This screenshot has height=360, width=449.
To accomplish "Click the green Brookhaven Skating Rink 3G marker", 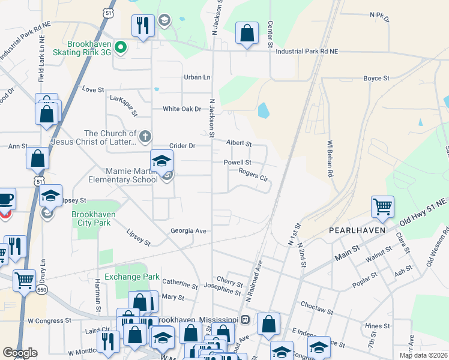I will [x=120, y=47].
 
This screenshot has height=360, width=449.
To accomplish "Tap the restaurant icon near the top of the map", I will [x=143, y=25].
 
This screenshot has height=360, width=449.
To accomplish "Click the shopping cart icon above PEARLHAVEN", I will [x=382, y=207].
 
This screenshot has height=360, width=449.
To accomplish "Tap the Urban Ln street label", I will [x=197, y=77].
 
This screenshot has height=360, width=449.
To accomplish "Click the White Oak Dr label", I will [x=181, y=109].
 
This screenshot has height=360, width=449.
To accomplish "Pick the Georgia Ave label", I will [x=188, y=231].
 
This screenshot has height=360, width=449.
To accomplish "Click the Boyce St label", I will [x=376, y=79].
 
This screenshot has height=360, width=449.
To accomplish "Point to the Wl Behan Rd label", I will [x=330, y=159].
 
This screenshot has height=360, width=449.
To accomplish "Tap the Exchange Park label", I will [x=132, y=277].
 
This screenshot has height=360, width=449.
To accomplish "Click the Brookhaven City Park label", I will [x=91, y=218].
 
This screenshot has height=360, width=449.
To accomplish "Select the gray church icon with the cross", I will [x=145, y=137].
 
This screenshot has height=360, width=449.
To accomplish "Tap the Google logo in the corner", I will [x=20, y=353].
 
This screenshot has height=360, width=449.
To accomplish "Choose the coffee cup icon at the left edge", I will [x=5, y=199].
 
